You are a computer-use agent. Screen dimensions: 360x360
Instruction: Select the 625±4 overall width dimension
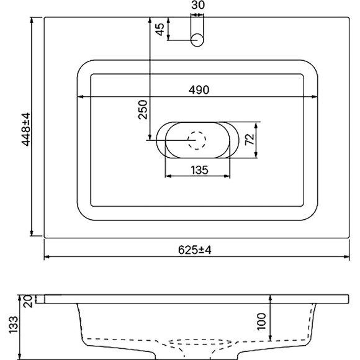196,250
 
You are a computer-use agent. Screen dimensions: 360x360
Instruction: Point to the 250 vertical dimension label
142,110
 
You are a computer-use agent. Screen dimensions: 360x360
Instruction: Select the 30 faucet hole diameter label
198,6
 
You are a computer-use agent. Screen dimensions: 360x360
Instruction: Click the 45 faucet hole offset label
160,29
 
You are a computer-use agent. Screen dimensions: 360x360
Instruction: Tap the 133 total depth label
14,323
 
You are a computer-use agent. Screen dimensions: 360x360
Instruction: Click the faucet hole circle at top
198,41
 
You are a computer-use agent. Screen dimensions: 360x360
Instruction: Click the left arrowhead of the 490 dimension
79,97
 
